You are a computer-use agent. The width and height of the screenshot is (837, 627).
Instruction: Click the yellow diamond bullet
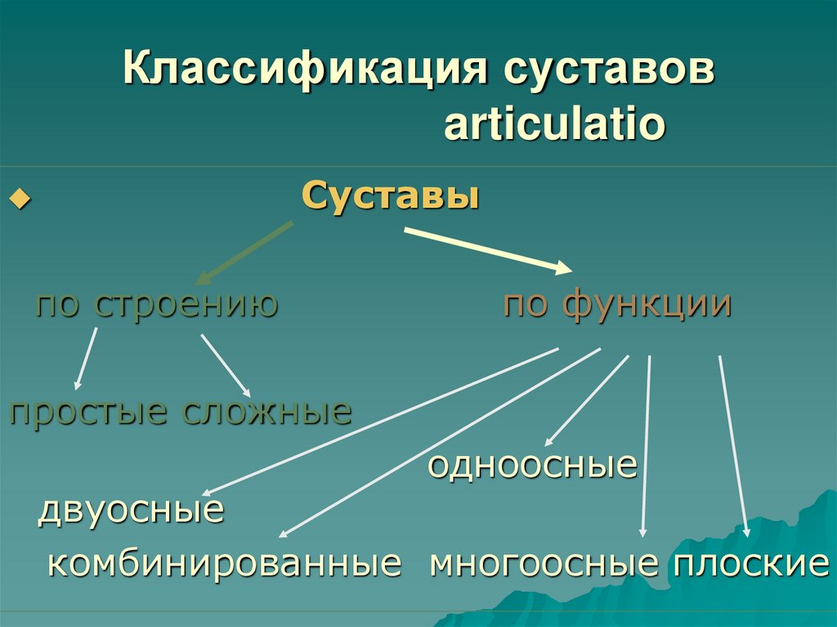click(x=19, y=200)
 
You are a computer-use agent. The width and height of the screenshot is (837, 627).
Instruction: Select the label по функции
click(x=617, y=304)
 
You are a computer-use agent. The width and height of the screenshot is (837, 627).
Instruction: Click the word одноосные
click(x=532, y=465)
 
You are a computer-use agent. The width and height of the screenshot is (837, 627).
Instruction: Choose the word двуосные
click(x=132, y=511)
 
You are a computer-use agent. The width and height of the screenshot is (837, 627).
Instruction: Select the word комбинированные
click(x=225, y=563)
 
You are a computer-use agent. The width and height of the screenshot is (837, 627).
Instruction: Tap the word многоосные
click(x=544, y=563)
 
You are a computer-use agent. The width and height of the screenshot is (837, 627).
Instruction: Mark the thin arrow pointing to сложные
click(x=226, y=365)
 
